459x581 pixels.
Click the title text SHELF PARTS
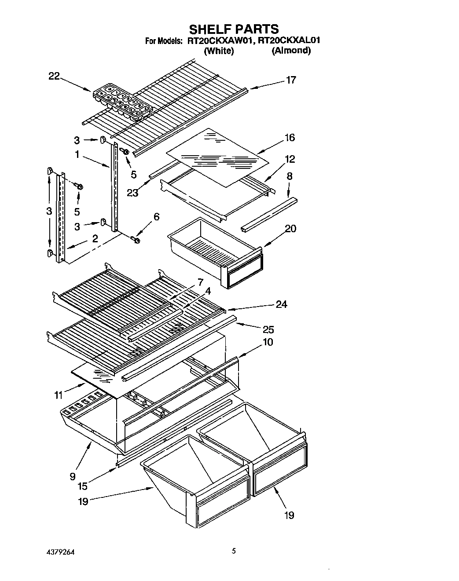coord(234,29)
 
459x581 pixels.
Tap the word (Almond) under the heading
coord(291,51)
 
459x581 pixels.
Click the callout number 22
coord(54,77)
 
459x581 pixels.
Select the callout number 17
coord(291,80)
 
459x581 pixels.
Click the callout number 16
coord(290,138)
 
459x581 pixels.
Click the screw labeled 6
coord(135,240)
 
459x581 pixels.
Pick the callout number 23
coord(132,192)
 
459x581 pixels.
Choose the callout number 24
coord(281,304)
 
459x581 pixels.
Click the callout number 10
coord(268,342)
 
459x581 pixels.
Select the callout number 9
coord(72,476)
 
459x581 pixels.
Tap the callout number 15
coord(82,486)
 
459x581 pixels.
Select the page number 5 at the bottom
coord(234,550)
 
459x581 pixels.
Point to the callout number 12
coord(290,159)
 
